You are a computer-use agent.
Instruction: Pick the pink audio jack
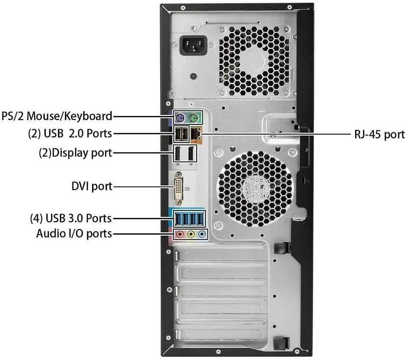tap(179, 234)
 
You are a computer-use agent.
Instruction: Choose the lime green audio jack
tap(191, 234)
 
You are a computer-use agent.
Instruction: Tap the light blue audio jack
tap(202, 234)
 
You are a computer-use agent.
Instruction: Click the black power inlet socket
tap(193, 45)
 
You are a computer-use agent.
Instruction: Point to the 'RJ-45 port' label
tap(379, 135)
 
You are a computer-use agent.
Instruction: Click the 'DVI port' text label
tap(92, 187)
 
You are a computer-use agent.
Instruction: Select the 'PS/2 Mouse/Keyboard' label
tap(57, 116)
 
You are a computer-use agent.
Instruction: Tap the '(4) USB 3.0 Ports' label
tap(71, 218)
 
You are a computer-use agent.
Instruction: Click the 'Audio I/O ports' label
tap(74, 233)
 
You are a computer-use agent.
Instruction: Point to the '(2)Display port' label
tap(75, 153)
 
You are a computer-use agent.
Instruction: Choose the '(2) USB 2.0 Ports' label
tap(70, 133)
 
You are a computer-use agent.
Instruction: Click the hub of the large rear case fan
tap(255, 188)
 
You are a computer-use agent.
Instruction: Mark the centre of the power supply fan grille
tap(254, 61)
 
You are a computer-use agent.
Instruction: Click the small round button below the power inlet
tap(193, 77)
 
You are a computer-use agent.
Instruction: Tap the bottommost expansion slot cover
tap(219, 334)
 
